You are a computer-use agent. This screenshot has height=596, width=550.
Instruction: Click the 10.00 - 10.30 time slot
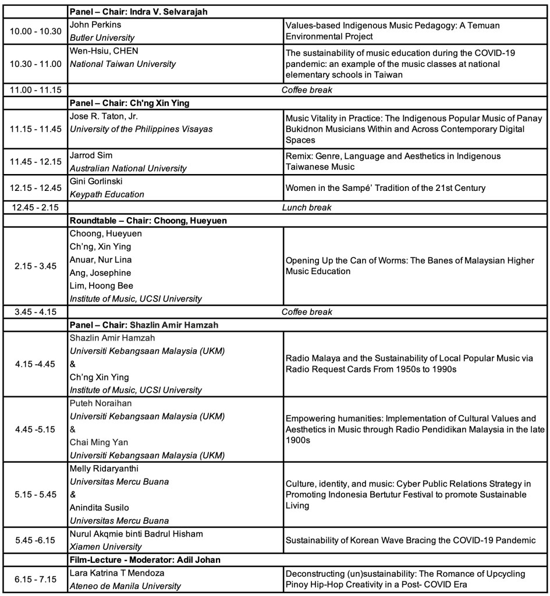coord(36,31)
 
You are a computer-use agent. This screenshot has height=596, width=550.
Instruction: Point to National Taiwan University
coord(122,64)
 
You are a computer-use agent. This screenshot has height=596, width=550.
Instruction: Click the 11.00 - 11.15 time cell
coord(36,90)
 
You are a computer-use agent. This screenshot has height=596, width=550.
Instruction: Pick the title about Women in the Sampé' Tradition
coord(393,188)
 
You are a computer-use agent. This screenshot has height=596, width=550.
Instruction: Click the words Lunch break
coord(307,208)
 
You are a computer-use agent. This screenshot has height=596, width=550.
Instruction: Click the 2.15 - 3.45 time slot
coord(36,266)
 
